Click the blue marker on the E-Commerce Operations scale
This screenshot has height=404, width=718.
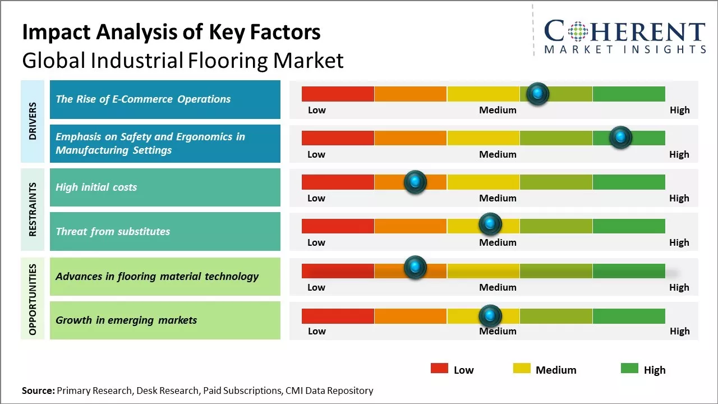[538, 94]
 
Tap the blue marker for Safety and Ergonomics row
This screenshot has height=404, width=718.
[620, 137]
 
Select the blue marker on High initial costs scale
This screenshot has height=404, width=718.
[415, 182]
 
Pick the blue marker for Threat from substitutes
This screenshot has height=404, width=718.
[490, 224]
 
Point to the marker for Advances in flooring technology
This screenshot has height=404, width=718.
[415, 268]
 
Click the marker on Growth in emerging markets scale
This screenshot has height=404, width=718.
[490, 316]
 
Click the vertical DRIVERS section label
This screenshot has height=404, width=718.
[33, 121]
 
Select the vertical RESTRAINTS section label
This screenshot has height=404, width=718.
[33, 209]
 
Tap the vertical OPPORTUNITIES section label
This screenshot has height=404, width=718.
[33, 299]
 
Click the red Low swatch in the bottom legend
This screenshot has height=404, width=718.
[439, 368]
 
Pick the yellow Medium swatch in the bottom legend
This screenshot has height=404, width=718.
[522, 368]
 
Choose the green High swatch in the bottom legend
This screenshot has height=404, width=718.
[629, 368]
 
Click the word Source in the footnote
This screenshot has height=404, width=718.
[38, 391]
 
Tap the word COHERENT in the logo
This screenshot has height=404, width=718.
[625, 32]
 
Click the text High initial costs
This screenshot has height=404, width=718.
[96, 187]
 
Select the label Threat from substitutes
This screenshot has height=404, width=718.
[113, 231]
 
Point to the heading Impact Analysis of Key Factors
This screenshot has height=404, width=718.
[171, 33]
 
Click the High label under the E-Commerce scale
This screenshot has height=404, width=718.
[679, 110]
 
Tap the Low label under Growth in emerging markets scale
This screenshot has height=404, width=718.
[316, 331]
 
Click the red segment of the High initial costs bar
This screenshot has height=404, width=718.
[338, 182]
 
